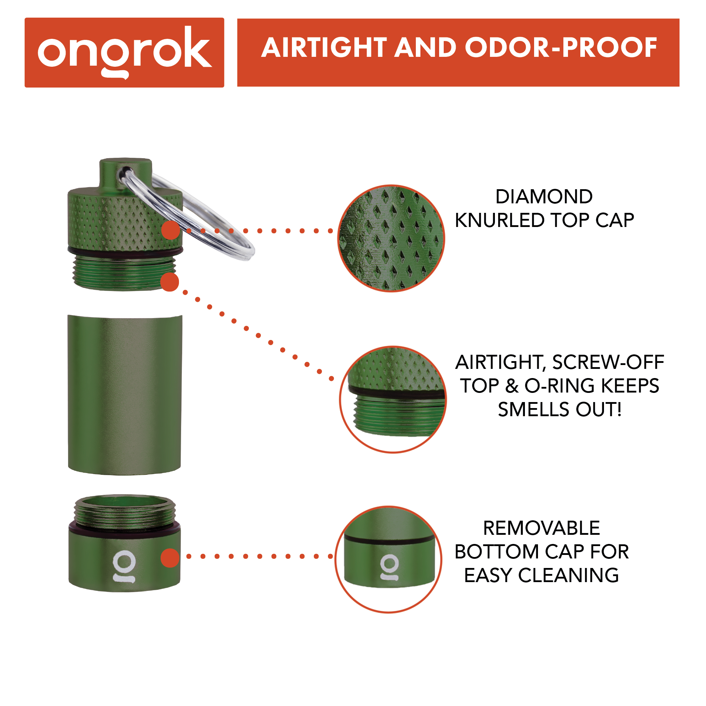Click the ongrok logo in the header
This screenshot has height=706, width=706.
[x=124, y=52]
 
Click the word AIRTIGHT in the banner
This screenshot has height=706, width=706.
[x=324, y=48]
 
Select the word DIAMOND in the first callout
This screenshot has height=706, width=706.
[x=544, y=197]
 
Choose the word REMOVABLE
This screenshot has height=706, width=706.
[x=541, y=528]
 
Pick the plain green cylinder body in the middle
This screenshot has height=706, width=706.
[x=125, y=395]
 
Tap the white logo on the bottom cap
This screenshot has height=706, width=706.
[x=124, y=566]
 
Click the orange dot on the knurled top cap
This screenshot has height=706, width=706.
[x=170, y=230]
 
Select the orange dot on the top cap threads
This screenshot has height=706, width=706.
[x=169, y=282]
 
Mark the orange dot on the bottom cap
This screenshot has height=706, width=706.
[x=170, y=558]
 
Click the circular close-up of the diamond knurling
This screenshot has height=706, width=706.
[x=391, y=238]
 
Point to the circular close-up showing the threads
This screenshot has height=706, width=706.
[x=393, y=399]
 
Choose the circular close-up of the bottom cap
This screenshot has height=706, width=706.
[x=388, y=559]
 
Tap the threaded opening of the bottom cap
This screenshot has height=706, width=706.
[x=125, y=511]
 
